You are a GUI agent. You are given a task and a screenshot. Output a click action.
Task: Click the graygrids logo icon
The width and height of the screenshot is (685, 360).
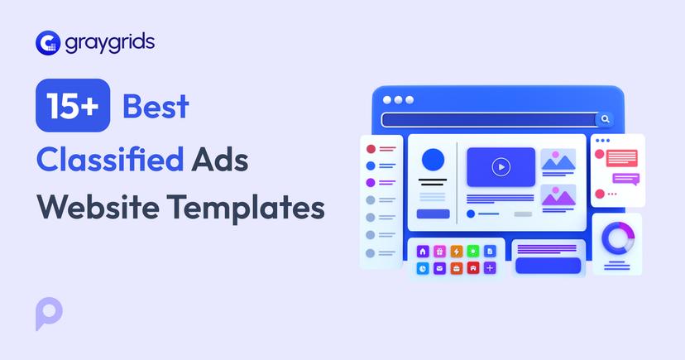48,41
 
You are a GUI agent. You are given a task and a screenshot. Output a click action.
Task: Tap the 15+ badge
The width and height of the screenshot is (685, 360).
73,106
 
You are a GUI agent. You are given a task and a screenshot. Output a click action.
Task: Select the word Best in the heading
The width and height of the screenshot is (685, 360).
156,106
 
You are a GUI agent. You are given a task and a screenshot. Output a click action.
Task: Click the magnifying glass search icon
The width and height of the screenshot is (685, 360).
606,119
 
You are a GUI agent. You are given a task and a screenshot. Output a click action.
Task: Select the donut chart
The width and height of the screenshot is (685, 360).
616,238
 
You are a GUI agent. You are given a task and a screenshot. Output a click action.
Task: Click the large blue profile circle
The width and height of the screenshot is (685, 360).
433,160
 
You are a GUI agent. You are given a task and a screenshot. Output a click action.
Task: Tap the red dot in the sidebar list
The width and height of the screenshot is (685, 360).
371,149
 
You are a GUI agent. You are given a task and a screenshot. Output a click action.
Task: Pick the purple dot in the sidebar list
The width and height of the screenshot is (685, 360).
371,182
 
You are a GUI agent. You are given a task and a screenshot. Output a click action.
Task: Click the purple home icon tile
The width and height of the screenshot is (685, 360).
423,251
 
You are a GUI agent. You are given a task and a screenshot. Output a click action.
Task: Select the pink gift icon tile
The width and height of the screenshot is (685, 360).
439,251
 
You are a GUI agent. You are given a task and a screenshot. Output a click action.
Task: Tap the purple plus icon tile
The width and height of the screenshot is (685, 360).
490,268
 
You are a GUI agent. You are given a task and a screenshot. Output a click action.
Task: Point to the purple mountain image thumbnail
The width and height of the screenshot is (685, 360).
558,195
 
